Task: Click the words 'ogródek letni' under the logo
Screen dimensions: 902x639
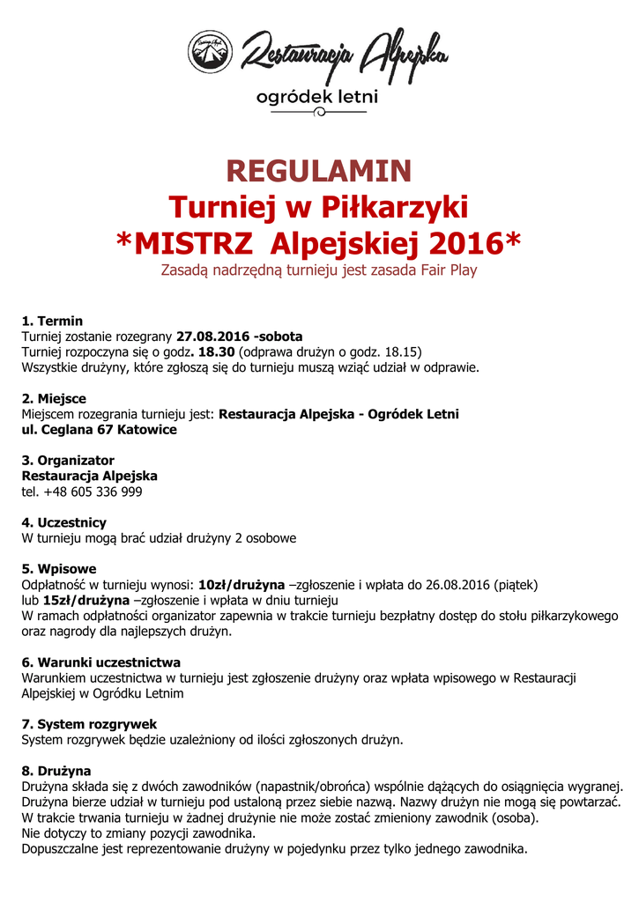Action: click(x=316, y=97)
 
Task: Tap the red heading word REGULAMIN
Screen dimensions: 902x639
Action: click(x=318, y=170)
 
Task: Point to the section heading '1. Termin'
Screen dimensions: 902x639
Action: click(x=52, y=322)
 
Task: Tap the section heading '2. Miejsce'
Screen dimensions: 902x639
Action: click(x=54, y=399)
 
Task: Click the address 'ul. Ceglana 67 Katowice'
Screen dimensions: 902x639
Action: click(x=99, y=430)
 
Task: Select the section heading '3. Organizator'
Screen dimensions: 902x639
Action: click(x=68, y=461)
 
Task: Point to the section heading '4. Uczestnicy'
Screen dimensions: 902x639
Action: click(x=63, y=522)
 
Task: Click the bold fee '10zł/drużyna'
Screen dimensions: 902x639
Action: click(x=241, y=584)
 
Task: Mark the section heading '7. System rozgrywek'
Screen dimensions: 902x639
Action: click(x=89, y=724)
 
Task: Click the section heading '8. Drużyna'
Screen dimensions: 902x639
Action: click(x=56, y=771)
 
